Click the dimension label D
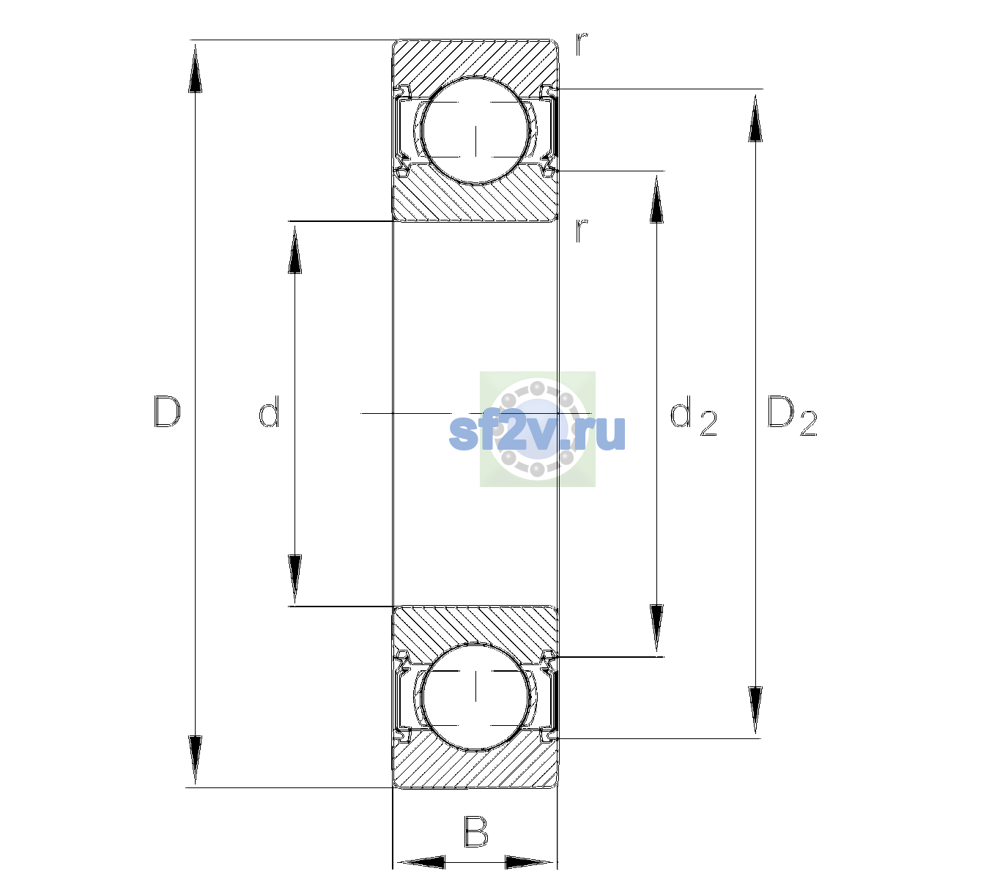[167, 412]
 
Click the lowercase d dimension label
[269, 412]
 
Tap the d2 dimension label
[694, 415]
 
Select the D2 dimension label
[792, 415]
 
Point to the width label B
[475, 831]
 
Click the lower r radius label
[582, 230]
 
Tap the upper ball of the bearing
[475, 130]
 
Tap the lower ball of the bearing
[475, 697]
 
